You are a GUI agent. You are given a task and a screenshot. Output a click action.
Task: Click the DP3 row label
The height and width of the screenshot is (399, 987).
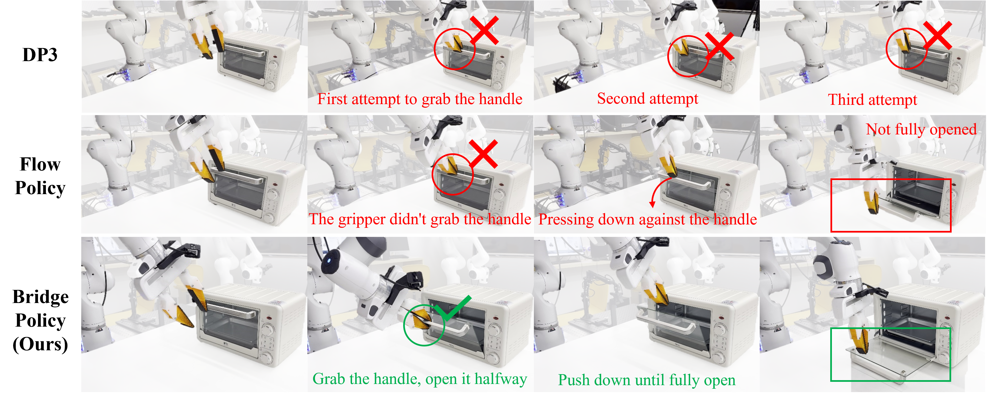(x=40, y=55)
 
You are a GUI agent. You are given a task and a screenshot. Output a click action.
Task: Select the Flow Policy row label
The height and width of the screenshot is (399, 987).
(x=40, y=176)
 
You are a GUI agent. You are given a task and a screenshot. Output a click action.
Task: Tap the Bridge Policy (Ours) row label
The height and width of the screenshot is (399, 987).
(x=40, y=320)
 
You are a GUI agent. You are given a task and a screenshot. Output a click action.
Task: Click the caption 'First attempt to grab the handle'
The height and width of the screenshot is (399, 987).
(x=420, y=99)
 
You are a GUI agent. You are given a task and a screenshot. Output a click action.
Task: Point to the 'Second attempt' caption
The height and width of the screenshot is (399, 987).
(x=648, y=99)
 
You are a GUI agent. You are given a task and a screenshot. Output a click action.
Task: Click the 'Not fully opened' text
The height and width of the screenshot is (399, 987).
(x=921, y=129)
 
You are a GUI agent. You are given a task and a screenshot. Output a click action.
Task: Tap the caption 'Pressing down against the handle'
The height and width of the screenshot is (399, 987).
(x=648, y=219)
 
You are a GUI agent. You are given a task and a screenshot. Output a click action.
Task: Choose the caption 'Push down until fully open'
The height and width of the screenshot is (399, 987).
(x=647, y=380)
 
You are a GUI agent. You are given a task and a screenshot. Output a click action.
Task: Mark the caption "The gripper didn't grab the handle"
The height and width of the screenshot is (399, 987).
(x=420, y=219)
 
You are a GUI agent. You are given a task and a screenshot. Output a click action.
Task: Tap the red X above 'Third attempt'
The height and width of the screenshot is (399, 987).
(x=937, y=35)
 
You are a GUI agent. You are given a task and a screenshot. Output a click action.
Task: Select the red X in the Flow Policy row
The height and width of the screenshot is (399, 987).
(x=483, y=154)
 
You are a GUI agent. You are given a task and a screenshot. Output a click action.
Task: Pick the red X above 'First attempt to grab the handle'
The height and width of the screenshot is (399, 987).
(x=484, y=30)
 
